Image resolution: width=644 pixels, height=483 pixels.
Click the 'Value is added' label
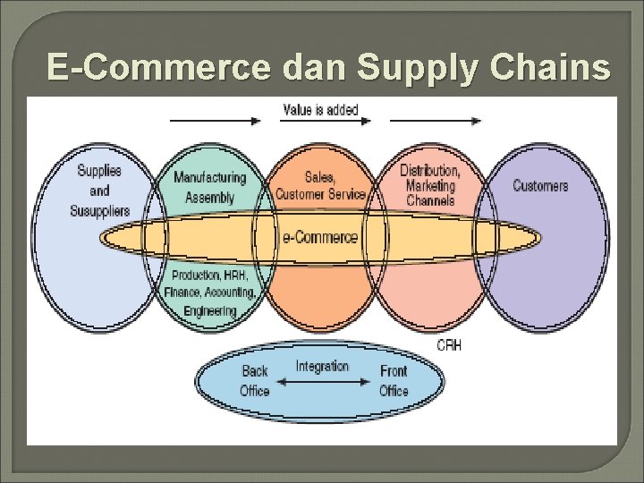click(320, 110)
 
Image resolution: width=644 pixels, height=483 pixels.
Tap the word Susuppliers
click(99, 211)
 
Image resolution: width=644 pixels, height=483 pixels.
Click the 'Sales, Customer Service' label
click(320, 186)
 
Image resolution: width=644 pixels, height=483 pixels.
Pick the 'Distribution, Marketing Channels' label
click(430, 185)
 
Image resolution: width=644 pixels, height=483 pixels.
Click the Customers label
click(540, 186)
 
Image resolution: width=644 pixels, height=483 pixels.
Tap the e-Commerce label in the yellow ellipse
click(320, 238)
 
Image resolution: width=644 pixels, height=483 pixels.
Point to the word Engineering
click(210, 310)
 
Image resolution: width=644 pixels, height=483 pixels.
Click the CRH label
click(449, 345)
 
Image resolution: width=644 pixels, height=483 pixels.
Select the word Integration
click(322, 366)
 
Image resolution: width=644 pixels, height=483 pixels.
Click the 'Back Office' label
click(255, 381)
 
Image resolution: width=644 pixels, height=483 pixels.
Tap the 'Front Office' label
click(394, 381)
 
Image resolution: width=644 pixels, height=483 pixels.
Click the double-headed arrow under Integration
click(322, 382)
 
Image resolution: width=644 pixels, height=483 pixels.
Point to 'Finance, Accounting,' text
click(210, 292)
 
